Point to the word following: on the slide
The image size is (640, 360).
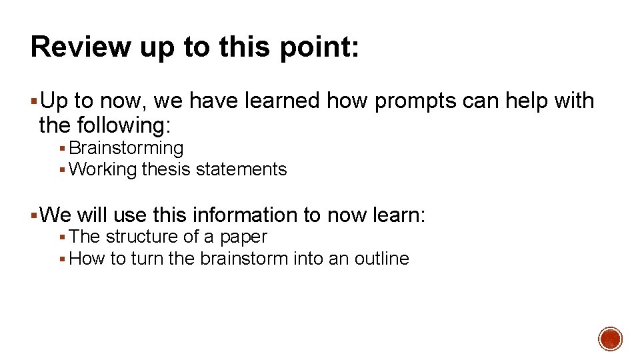point(124,125)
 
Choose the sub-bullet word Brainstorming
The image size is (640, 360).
point(126,148)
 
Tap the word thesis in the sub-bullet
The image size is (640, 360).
point(166,169)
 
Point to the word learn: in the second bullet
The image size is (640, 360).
point(401,215)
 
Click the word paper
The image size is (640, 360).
point(244,237)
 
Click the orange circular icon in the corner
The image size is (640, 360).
point(610,339)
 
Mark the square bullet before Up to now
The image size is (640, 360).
point(34,102)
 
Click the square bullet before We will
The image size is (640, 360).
point(34,216)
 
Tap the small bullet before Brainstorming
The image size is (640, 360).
point(62,149)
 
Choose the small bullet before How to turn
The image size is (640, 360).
point(62,259)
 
